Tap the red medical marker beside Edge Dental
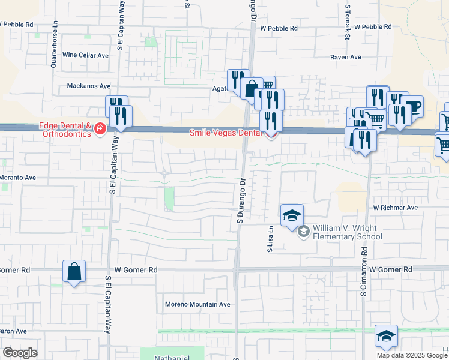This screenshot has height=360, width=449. pyautogui.click(x=100, y=128)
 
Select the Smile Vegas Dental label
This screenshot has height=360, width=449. pyautogui.click(x=227, y=133)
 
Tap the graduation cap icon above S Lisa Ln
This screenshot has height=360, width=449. pyautogui.click(x=292, y=215)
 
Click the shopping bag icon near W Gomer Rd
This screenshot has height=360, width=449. pyautogui.click(x=74, y=271)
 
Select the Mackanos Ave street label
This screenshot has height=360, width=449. pyautogui.click(x=89, y=86)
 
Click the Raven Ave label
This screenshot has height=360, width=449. pyautogui.click(x=346, y=57)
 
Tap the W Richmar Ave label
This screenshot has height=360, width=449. pyautogui.click(x=395, y=208)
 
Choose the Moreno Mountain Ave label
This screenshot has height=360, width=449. pyautogui.click(x=197, y=304)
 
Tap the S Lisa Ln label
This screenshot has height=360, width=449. pyautogui.click(x=270, y=238)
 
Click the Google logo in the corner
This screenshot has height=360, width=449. pyautogui.click(x=20, y=353)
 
